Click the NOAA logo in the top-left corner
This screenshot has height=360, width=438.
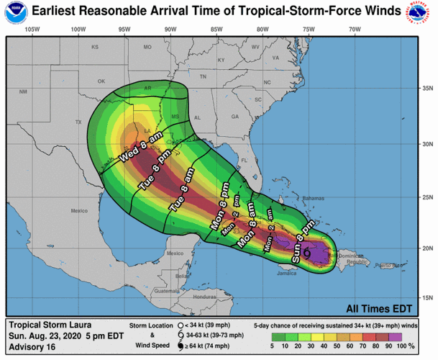[x=16, y=13]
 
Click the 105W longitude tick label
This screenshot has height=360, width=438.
[x=31, y=29]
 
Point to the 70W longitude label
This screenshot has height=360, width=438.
[x=354, y=29]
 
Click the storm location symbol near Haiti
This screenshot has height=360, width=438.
[x=307, y=253]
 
